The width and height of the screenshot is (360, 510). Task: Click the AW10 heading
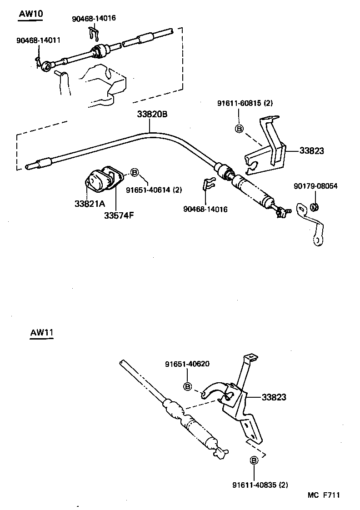31,14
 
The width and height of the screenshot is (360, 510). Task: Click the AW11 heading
42,332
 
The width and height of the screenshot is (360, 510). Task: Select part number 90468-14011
38,40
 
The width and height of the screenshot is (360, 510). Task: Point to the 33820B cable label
152,114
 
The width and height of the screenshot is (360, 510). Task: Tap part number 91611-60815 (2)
245,103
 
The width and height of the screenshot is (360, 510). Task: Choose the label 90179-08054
315,186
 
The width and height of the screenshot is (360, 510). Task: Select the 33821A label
90,204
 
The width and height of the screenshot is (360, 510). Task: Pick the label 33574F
119,215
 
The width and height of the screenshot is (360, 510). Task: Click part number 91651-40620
187,364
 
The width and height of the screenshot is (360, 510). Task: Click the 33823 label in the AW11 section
274,397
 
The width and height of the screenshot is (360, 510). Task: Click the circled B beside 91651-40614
135,172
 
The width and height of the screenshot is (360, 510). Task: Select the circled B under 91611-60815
239,129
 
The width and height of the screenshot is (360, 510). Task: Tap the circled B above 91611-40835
254,461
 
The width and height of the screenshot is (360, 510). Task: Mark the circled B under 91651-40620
187,386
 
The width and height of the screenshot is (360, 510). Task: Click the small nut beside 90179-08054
314,207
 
